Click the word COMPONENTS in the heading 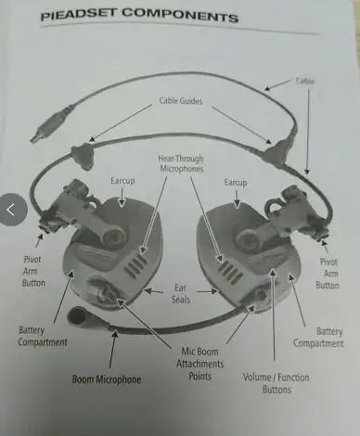pyautogui.click(x=180, y=15)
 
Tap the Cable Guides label pyautogui.click(x=181, y=100)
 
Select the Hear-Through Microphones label pyautogui.click(x=181, y=163)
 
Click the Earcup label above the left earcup pyautogui.click(x=122, y=181)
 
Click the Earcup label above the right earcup pyautogui.click(x=236, y=182)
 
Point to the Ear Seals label pyautogui.click(x=181, y=293)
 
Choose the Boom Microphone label pyautogui.click(x=107, y=379)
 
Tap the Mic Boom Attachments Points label pyautogui.click(x=200, y=364)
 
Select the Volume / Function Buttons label pyautogui.click(x=276, y=383)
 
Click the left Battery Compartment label pyautogui.click(x=43, y=336)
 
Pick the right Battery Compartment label pyautogui.click(x=318, y=338)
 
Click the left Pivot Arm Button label pyautogui.click(x=33, y=271)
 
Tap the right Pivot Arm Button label pyautogui.click(x=328, y=274)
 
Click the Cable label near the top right pyautogui.click(x=305, y=81)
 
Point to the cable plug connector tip pyautogui.click(x=33, y=138)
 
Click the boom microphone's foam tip pyautogui.click(x=76, y=315)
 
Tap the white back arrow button pyautogui.click(x=12, y=210)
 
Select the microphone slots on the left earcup pyautogui.click(x=136, y=264)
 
